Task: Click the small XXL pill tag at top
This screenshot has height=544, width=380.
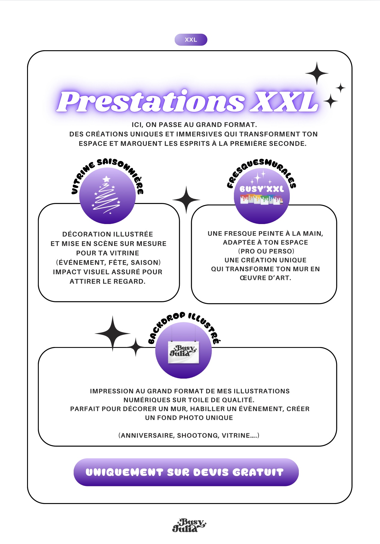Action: (x=191, y=40)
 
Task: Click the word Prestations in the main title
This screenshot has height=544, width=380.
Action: (x=150, y=102)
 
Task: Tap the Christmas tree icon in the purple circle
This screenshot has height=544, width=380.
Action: (x=107, y=195)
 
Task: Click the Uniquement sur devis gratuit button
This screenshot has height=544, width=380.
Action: (x=186, y=472)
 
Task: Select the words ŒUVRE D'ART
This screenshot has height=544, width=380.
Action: (x=265, y=278)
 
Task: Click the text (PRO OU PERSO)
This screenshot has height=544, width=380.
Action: (x=266, y=251)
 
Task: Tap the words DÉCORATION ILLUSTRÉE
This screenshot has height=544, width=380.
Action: (x=108, y=234)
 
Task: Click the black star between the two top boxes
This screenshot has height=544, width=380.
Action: (x=186, y=200)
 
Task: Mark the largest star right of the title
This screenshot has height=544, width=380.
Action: (x=317, y=73)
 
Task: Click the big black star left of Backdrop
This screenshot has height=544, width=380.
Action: (x=113, y=333)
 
